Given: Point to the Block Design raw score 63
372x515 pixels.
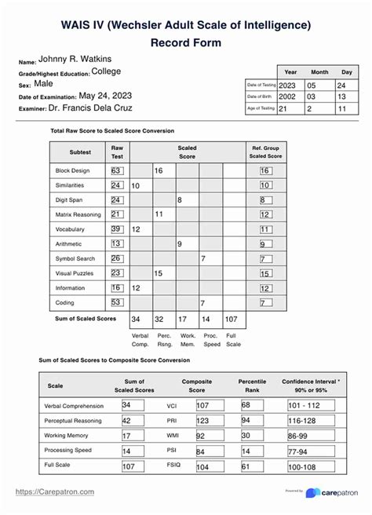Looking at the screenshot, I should (x=115, y=170).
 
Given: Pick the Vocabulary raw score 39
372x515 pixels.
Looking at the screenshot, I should (x=115, y=228).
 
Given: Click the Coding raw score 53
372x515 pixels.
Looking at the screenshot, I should (x=115, y=301).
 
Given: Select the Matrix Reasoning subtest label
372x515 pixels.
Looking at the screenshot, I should (x=76, y=214).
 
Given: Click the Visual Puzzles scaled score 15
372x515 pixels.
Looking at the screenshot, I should (x=159, y=273).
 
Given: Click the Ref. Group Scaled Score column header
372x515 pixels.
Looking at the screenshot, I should (x=265, y=152).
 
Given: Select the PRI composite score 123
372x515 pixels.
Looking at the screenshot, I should (x=201, y=421).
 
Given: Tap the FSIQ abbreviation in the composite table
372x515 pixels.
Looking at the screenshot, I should (x=173, y=466).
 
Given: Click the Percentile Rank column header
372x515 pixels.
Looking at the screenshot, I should (x=252, y=385).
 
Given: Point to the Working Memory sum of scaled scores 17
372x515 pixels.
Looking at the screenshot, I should (x=126, y=436).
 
